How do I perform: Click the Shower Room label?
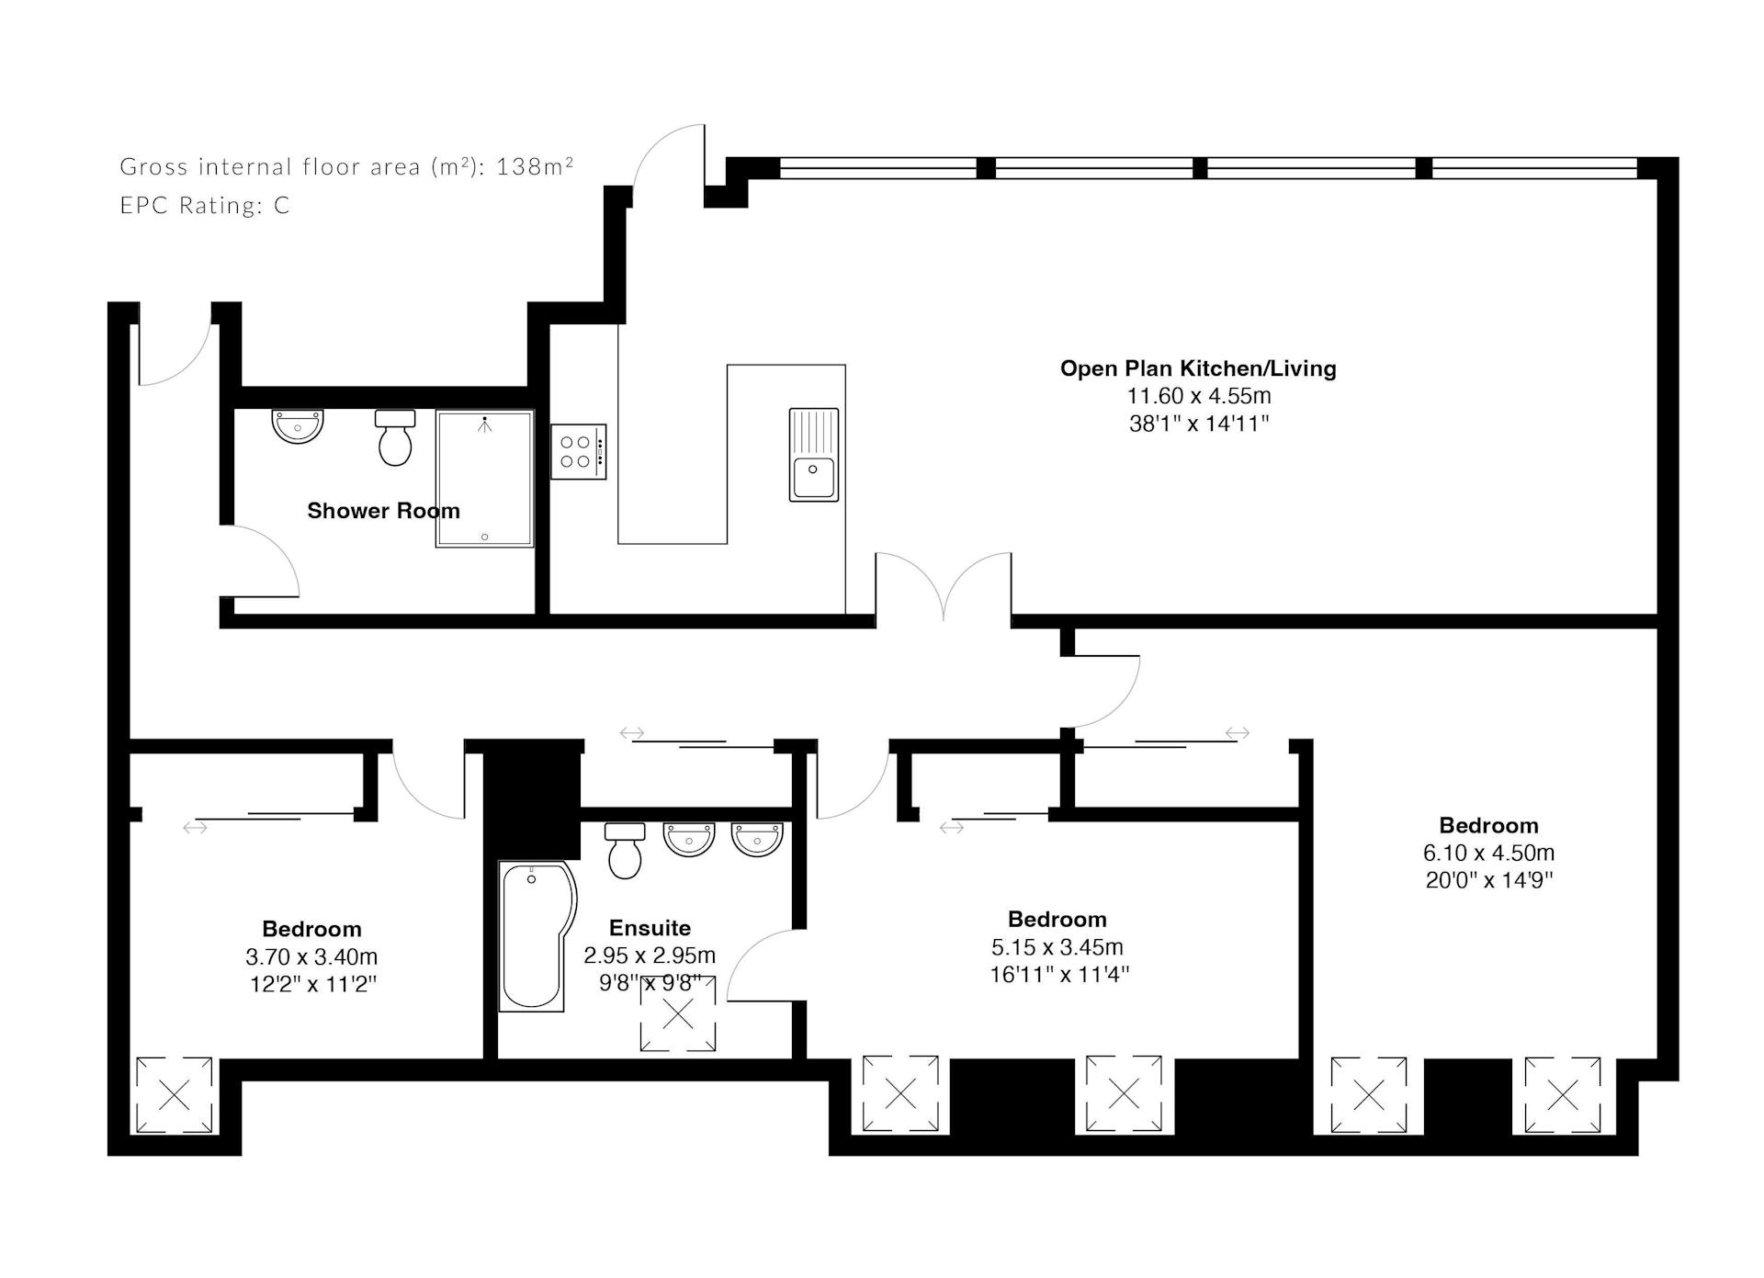click(383, 511)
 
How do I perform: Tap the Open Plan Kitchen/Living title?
click(1198, 368)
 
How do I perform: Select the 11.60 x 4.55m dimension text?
click(1199, 396)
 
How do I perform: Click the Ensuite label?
click(650, 928)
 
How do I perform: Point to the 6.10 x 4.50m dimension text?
click(1488, 853)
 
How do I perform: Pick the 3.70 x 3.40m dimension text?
click(311, 956)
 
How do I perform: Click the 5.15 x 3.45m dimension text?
click(1057, 946)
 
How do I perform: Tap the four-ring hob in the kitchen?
click(578, 451)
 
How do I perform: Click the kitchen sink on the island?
click(814, 455)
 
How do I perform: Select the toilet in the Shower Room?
click(395, 437)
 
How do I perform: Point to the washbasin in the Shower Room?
click(298, 426)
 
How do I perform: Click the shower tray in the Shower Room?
click(485, 479)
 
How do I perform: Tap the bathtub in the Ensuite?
click(537, 936)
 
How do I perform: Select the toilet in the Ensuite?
click(625, 850)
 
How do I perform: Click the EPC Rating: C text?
click(205, 205)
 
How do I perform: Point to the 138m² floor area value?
click(535, 165)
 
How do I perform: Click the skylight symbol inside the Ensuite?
click(678, 1014)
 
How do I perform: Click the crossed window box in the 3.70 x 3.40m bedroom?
click(175, 1095)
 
